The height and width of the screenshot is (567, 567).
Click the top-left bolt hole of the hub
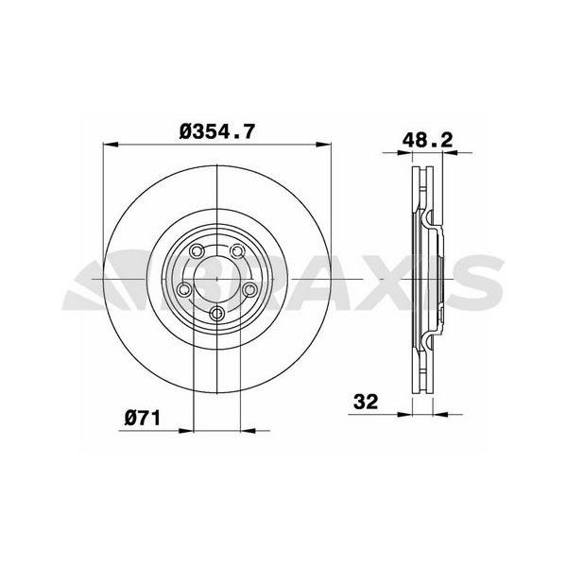196,252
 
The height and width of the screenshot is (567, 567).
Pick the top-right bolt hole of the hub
236,250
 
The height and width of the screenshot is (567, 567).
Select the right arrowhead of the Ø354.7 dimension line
327,146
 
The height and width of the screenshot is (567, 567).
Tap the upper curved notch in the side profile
433,223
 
